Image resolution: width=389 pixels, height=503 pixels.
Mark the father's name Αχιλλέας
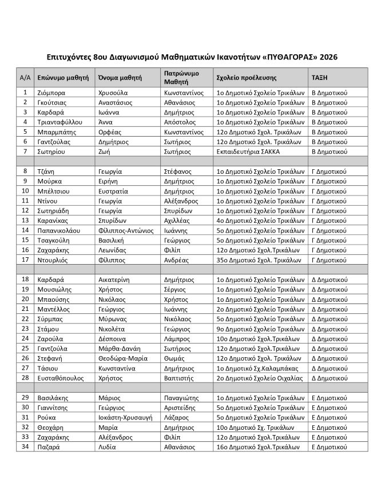[x=180, y=221]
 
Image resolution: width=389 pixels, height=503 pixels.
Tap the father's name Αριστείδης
[x=182, y=407]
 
